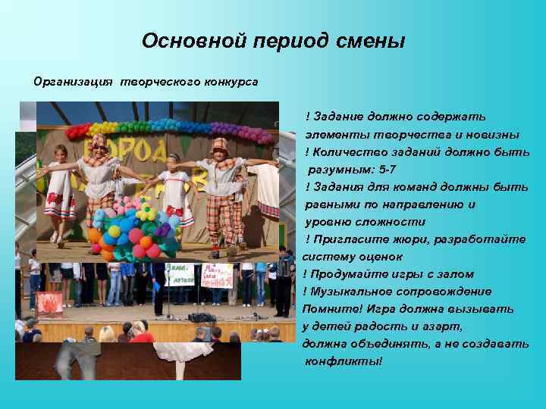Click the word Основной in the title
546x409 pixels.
coord(180,41)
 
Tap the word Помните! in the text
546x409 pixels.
coord(332,309)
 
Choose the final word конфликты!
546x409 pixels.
coord(344,361)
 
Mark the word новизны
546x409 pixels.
coord(496,135)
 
